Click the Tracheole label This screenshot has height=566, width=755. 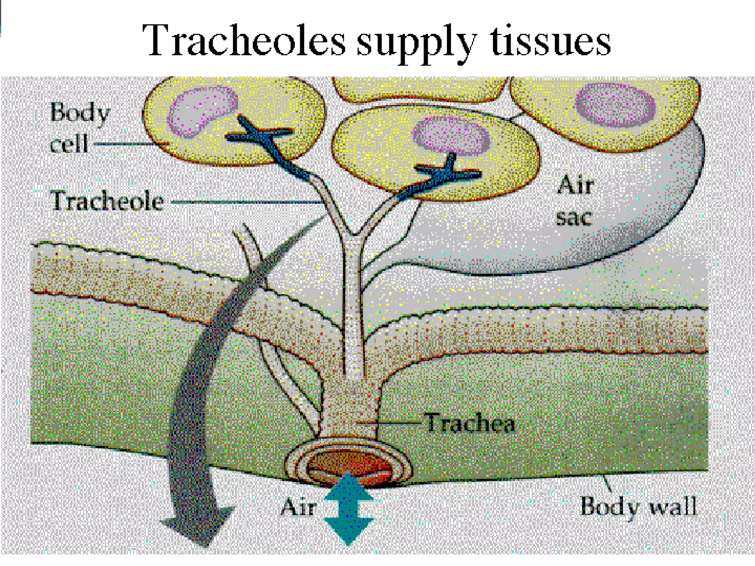coord(107,201)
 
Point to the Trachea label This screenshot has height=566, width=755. coord(470,423)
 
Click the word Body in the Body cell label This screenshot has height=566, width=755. coord(80,113)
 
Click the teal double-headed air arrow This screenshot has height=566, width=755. coord(349,509)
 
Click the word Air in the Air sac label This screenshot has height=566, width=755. coord(575,184)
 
